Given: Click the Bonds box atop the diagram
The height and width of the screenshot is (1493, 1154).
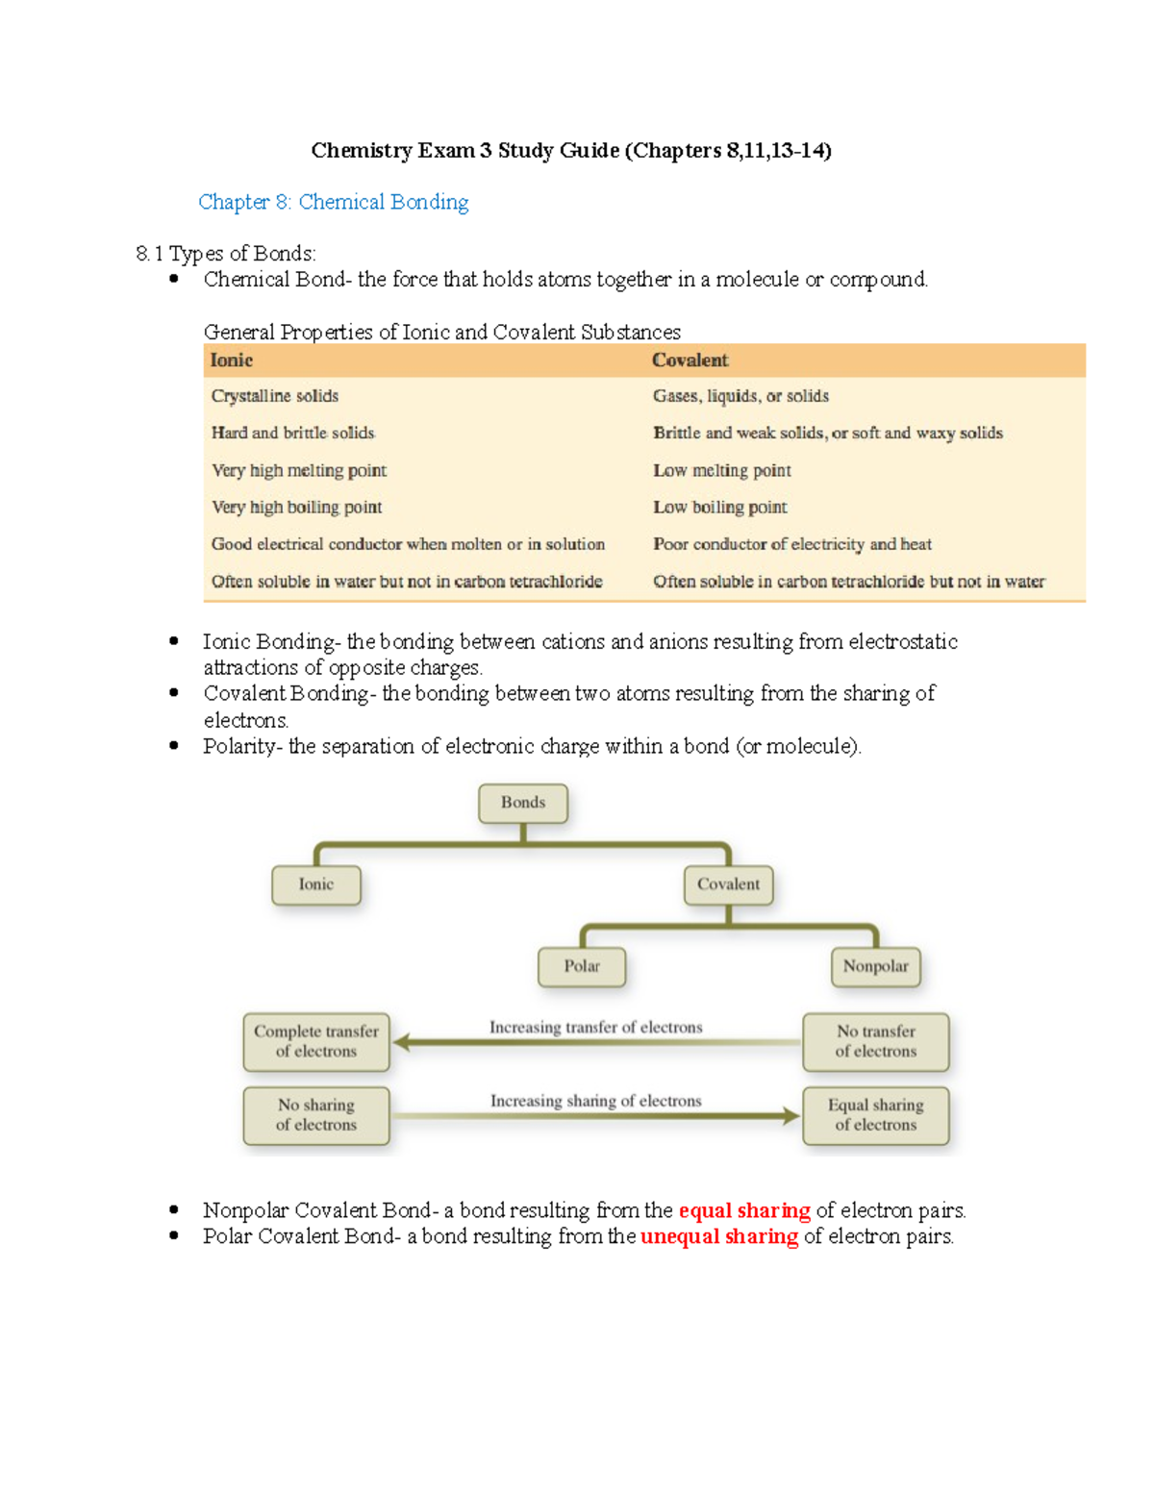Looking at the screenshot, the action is coord(523,803).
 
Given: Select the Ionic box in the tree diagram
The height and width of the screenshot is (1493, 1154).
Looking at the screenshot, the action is coord(316,884).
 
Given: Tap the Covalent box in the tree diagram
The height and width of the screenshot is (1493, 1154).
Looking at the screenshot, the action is coord(728,884).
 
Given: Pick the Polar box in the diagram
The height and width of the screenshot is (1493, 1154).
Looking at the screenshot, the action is coord(582,966).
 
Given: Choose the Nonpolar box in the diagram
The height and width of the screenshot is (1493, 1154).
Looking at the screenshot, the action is coord(875,966).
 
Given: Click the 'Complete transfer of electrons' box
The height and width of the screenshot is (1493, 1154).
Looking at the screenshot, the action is coord(316,1041).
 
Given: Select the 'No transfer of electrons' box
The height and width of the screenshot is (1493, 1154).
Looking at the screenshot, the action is coord(875,1041).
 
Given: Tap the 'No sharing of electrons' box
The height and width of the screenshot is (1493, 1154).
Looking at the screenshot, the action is coord(316,1115).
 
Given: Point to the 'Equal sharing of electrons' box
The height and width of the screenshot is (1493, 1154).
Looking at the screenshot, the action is coord(875,1115).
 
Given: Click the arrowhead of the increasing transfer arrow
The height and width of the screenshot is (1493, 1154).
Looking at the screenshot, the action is coord(403,1042).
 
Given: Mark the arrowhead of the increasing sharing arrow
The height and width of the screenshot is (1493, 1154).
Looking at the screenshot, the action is coord(791,1116).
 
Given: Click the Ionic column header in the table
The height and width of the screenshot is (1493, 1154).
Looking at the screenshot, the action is coord(232,361).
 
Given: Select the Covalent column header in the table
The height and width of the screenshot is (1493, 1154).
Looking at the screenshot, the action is coord(690,361).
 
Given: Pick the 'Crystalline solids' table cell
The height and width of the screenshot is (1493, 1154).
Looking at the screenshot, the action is coord(275,396).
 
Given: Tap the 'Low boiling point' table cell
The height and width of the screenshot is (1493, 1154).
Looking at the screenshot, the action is coord(720,508).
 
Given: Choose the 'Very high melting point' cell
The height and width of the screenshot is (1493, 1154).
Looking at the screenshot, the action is coord(299,470).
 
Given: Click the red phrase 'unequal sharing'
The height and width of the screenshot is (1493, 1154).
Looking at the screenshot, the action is coord(719,1236).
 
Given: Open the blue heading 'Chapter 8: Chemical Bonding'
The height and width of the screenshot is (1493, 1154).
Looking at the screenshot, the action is coord(334,202).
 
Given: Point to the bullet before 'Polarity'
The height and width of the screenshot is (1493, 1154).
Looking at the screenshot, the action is coord(174,745).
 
